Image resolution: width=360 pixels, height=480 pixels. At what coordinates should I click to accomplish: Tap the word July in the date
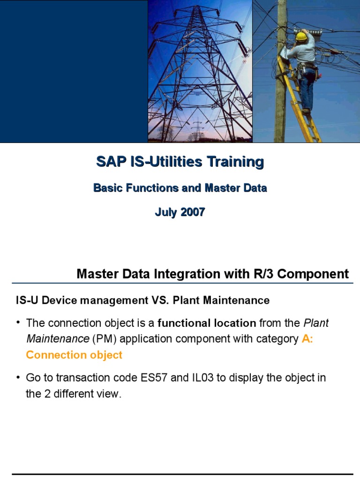point(165,212)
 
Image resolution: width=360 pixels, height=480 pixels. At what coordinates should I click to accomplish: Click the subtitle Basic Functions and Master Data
point(180,188)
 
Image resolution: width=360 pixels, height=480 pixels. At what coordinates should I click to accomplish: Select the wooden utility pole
point(280,94)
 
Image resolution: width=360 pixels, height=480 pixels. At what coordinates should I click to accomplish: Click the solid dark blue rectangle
point(74,70)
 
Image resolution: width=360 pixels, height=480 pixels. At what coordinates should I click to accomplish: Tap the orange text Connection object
point(74,355)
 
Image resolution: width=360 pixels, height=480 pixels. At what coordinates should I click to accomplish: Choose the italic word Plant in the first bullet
point(316,323)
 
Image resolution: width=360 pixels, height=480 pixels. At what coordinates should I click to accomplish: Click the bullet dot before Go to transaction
point(18,378)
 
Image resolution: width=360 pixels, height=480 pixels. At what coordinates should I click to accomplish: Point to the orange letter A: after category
point(307,339)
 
